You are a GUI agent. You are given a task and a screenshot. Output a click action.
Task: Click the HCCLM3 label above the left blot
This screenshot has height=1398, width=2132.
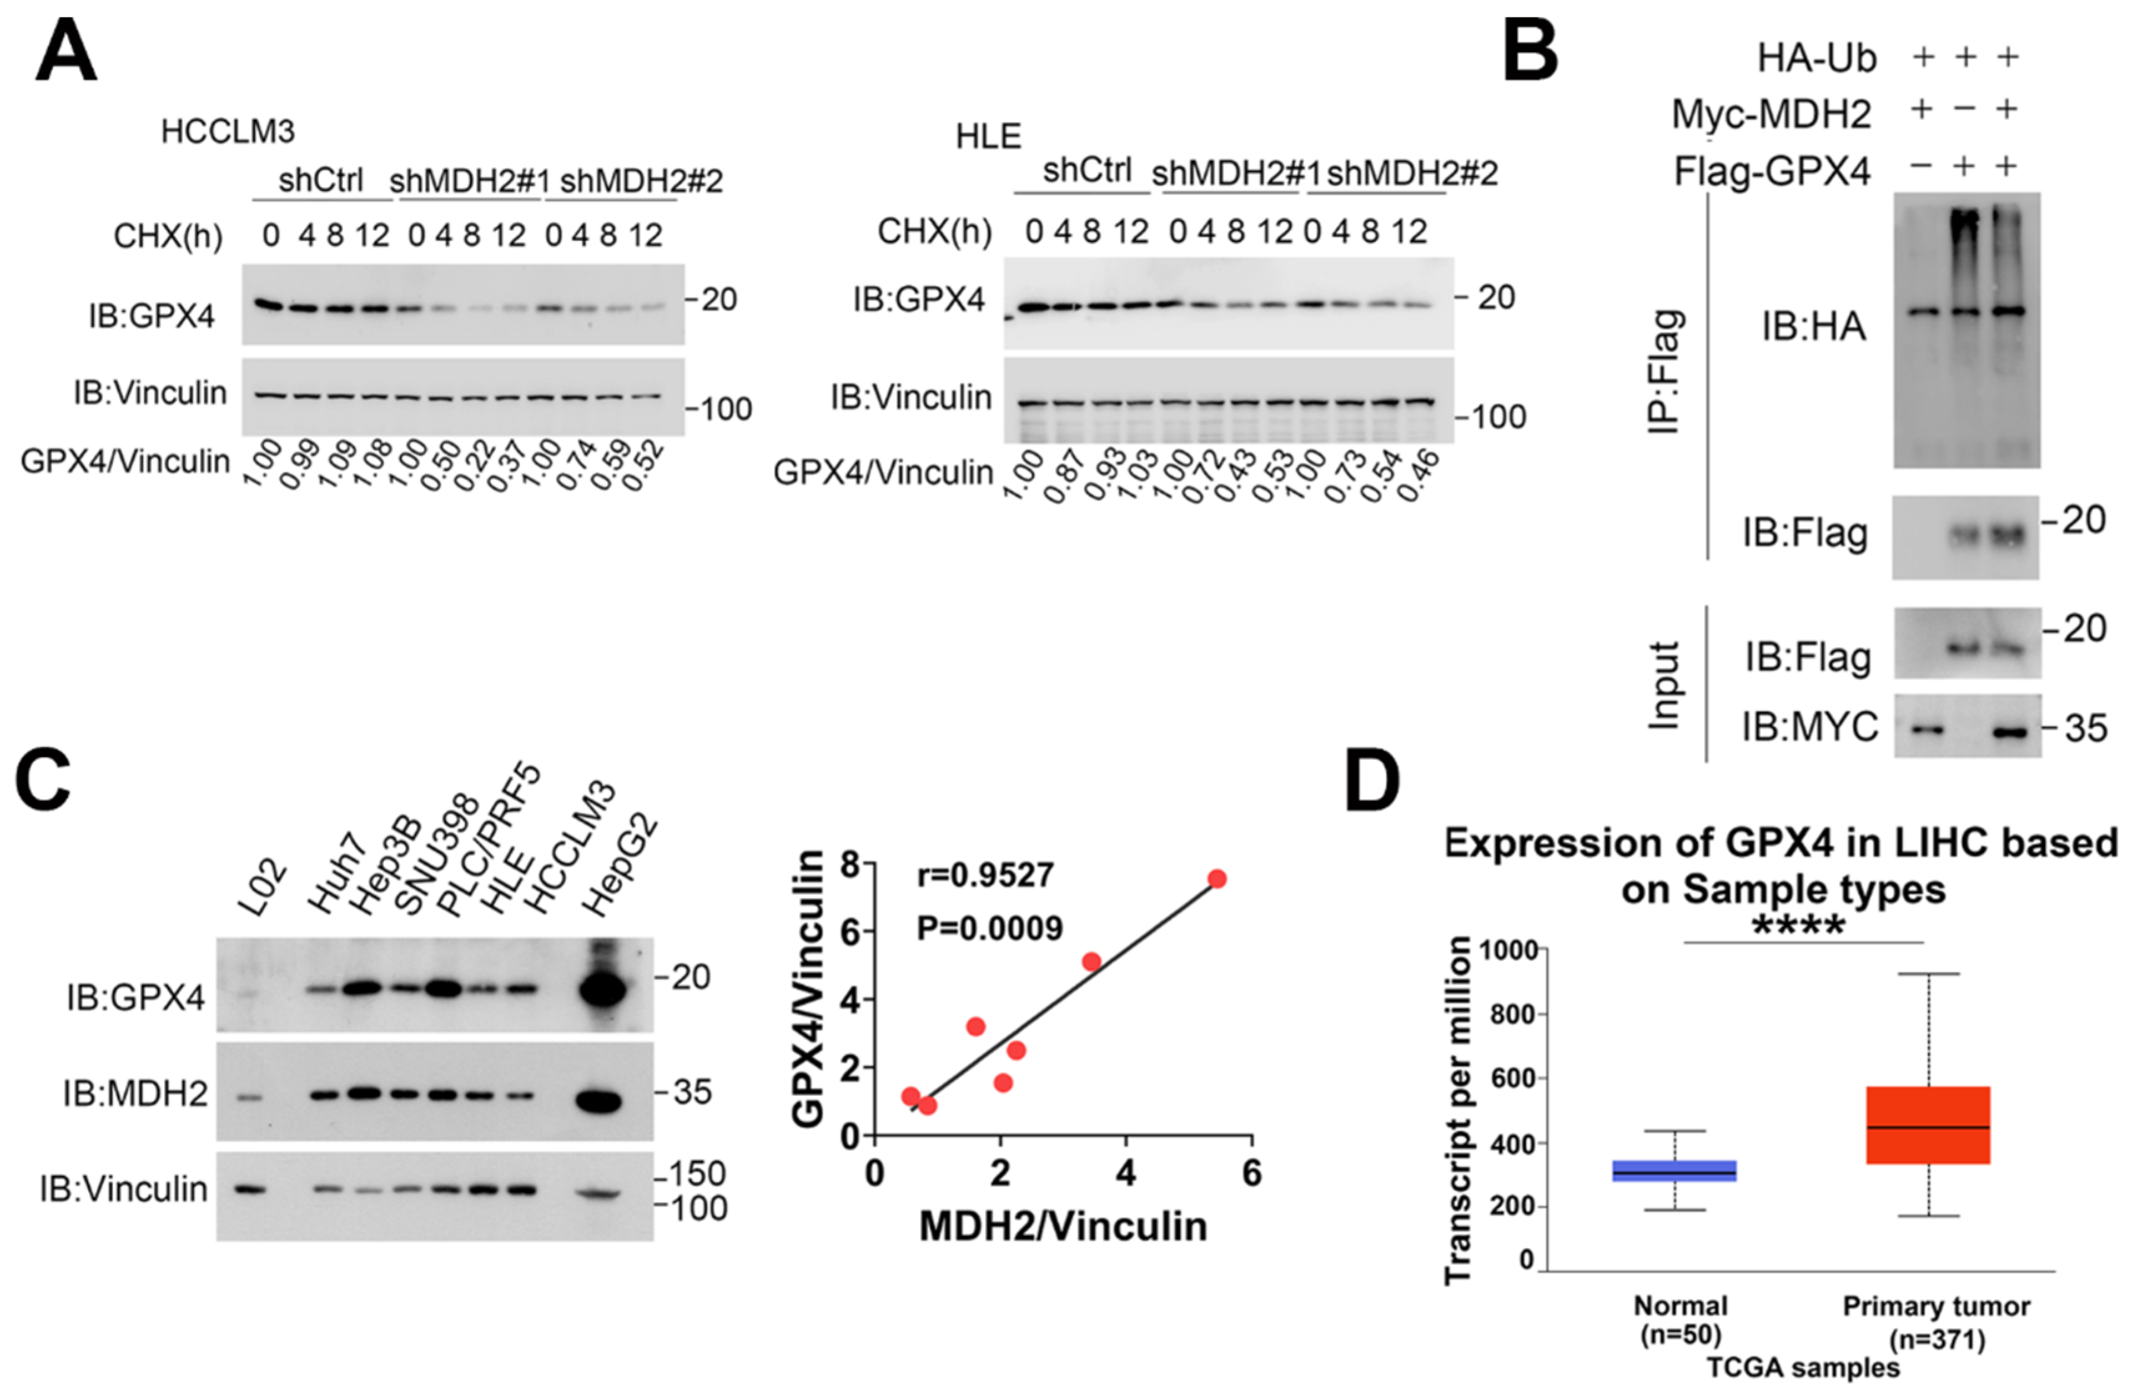[x=228, y=132]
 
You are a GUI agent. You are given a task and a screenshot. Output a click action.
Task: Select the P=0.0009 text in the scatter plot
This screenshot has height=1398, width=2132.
[x=989, y=929]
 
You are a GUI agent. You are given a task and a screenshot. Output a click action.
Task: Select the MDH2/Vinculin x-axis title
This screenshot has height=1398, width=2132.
[x=1063, y=1226]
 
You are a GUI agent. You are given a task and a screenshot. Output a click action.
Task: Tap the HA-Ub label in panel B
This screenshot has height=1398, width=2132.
[x=1816, y=58]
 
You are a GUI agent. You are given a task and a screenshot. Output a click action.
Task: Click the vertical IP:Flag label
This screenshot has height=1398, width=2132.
[x=1665, y=372]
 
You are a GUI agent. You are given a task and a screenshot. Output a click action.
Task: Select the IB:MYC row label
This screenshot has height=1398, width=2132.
[x=1809, y=727]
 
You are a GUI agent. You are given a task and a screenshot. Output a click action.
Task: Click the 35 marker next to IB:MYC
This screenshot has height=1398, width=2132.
[x=2085, y=728]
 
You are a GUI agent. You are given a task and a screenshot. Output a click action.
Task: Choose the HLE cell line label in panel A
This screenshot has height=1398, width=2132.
[x=988, y=136]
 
